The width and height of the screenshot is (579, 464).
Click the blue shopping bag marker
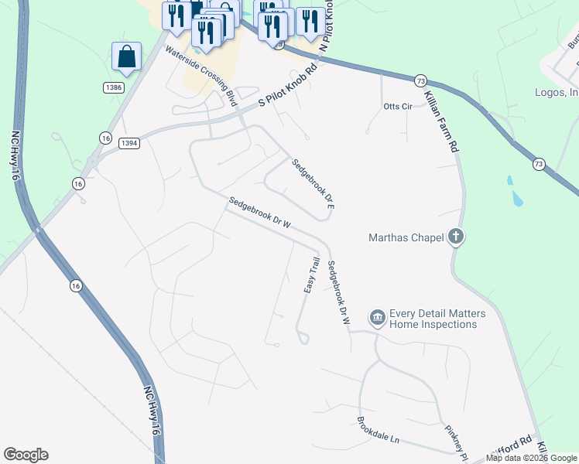click(126, 56)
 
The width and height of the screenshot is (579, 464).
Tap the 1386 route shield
click(114, 87)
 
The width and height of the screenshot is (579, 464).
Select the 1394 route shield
click(128, 142)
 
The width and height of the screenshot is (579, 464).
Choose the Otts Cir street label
click(399, 106)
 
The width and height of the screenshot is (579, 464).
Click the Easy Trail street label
click(311, 275)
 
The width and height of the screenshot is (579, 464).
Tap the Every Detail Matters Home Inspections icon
click(378, 317)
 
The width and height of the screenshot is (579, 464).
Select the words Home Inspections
click(433, 325)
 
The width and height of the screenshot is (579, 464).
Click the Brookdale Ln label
click(378, 430)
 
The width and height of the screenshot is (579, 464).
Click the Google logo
click(26, 455)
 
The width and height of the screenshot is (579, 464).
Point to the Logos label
click(556, 93)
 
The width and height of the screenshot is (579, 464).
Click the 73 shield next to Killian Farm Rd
click(420, 80)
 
